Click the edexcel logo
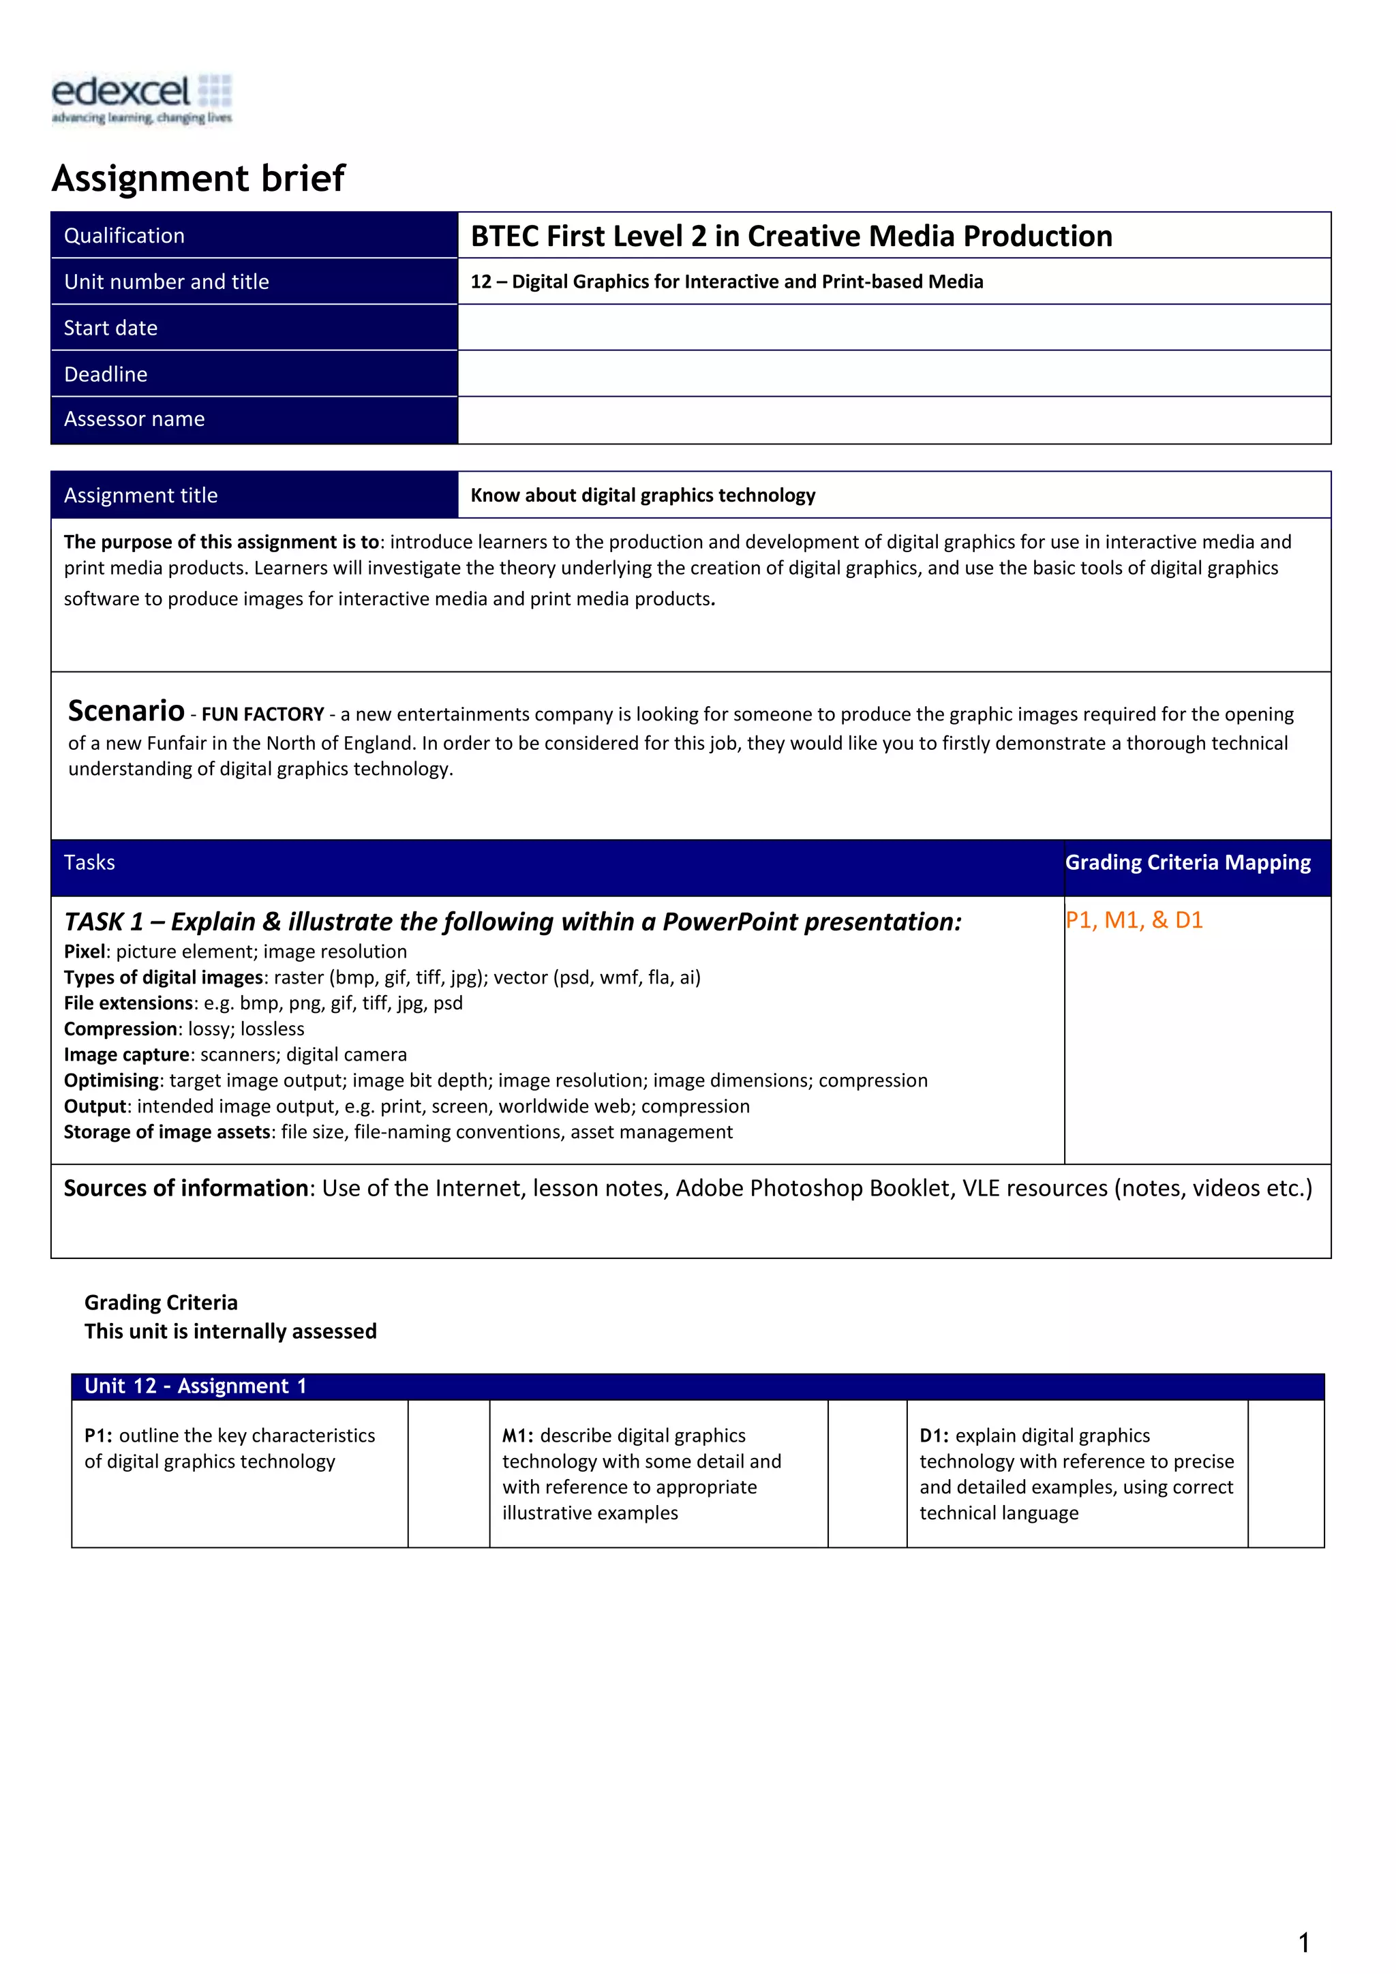[x=142, y=98]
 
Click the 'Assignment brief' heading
[x=198, y=178]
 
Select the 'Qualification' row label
[x=125, y=236]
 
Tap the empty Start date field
[x=894, y=328]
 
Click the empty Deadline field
[x=894, y=374]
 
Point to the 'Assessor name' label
[x=134, y=419]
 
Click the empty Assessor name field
[x=894, y=421]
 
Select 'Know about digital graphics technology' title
[x=643, y=496]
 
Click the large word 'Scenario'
[x=126, y=711]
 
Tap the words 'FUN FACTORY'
[x=263, y=714]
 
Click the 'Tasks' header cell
[x=89, y=862]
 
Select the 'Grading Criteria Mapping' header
[x=1188, y=862]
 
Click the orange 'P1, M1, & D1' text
[x=1134, y=920]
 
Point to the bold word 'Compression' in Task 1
[x=121, y=1029]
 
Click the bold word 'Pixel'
[x=85, y=952]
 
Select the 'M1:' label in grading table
[x=517, y=1436]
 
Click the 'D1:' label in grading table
[x=935, y=1436]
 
